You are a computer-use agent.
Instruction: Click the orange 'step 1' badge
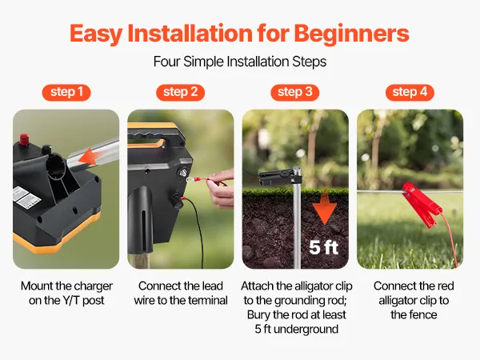coord(66,93)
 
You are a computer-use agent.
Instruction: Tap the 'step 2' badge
coord(180,93)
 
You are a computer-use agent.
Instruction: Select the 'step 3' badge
coord(294,93)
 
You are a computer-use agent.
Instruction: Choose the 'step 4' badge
coord(410,93)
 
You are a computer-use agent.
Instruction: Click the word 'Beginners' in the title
coord(351,33)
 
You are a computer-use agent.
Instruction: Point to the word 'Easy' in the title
coord(96,34)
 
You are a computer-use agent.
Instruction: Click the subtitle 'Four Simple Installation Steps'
coord(240,62)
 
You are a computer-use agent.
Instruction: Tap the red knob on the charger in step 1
coord(24,139)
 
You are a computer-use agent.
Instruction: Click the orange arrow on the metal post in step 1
coord(90,156)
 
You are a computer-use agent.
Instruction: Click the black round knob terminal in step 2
coord(177,201)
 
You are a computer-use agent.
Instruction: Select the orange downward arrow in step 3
coord(325,207)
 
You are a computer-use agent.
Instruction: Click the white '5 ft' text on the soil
coord(323,247)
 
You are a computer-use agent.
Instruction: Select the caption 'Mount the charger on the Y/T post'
coord(66,293)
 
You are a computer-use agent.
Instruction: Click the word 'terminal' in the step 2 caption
coord(209,300)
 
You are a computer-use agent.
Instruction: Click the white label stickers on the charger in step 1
coord(27,198)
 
